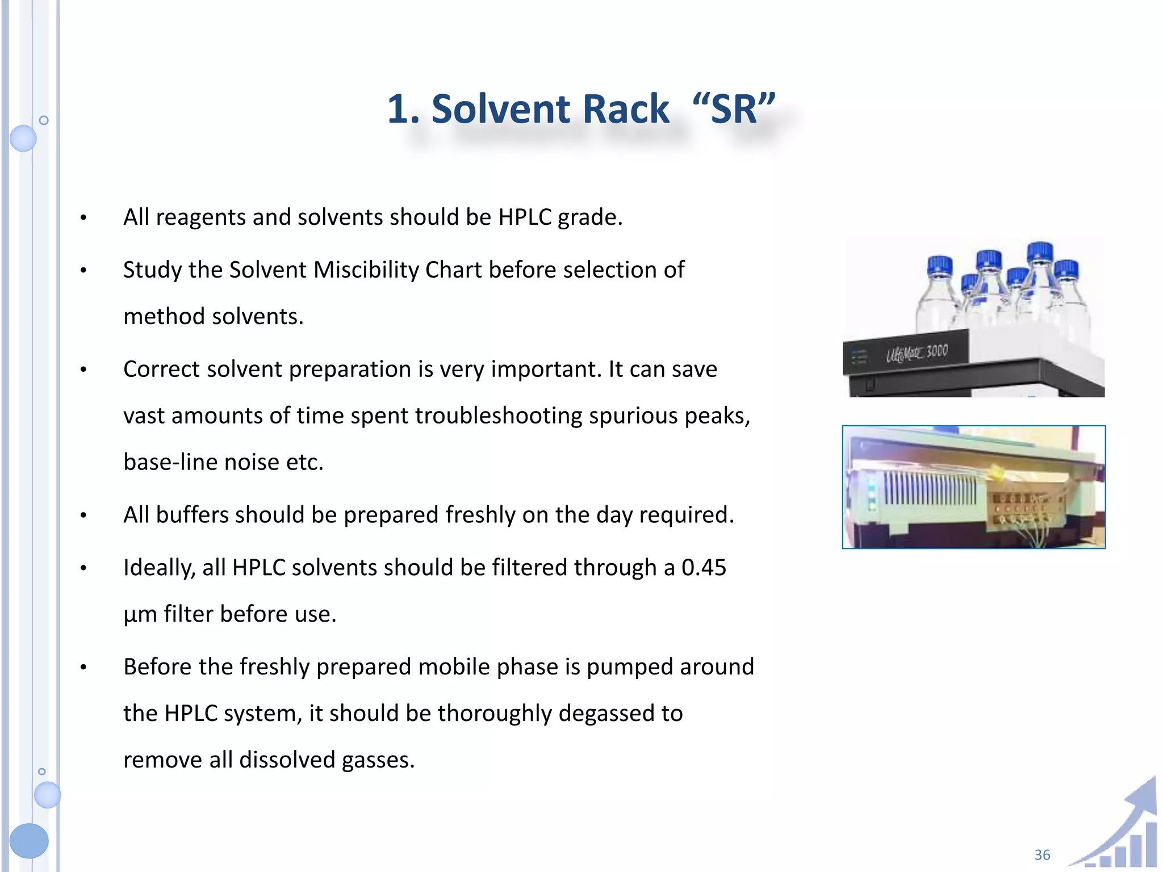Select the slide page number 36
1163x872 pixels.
tap(1042, 854)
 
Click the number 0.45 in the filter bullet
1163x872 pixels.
tap(704, 568)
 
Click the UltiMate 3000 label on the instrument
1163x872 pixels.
tap(917, 353)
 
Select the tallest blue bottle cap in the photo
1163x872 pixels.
tap(1040, 251)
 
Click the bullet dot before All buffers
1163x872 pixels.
tap(83, 515)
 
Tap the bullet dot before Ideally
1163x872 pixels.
tap(83, 568)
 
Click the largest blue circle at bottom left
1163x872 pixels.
tap(29, 840)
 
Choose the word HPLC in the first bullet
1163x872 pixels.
tap(525, 217)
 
